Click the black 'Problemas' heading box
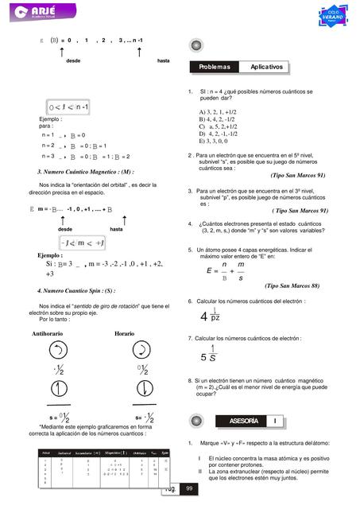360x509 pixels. coord(214,67)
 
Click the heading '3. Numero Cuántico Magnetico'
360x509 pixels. coord(85,172)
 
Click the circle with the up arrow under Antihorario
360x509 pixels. coord(56,351)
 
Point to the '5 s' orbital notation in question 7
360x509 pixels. coord(211,356)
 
